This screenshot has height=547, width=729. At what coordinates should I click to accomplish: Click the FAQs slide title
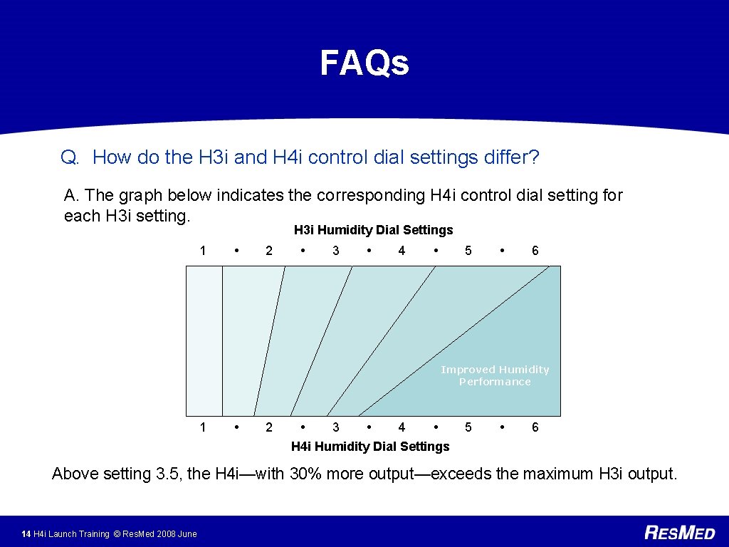point(364,63)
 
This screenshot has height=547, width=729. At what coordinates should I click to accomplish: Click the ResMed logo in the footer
point(679,533)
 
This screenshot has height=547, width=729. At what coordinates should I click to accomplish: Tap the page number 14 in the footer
point(26,534)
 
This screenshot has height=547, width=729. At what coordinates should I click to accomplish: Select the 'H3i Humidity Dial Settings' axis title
point(373,230)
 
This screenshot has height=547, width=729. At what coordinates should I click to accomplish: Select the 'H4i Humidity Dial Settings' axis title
point(370,447)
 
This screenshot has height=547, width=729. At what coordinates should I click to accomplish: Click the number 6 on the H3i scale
point(535,251)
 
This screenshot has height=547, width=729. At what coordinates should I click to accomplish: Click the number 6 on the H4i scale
point(535,427)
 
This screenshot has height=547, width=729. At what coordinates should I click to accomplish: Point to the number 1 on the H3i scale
point(203,251)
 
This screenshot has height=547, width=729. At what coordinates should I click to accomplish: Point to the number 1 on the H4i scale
point(203,427)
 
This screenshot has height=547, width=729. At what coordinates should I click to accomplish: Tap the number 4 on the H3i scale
point(402,251)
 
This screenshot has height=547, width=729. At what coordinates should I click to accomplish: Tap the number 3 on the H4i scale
point(336,427)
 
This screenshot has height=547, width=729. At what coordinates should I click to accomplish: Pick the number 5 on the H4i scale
point(468,427)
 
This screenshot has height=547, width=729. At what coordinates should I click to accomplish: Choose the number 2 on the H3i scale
point(268,251)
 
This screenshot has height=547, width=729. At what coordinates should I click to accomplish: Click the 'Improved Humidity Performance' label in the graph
point(495,375)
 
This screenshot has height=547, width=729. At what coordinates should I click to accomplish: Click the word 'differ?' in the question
point(511,157)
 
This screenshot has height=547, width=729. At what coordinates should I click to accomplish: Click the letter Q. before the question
point(70,157)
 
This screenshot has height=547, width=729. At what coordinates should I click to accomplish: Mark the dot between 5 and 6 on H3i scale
point(502,251)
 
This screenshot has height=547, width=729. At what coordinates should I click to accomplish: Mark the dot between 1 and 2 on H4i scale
point(236,427)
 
